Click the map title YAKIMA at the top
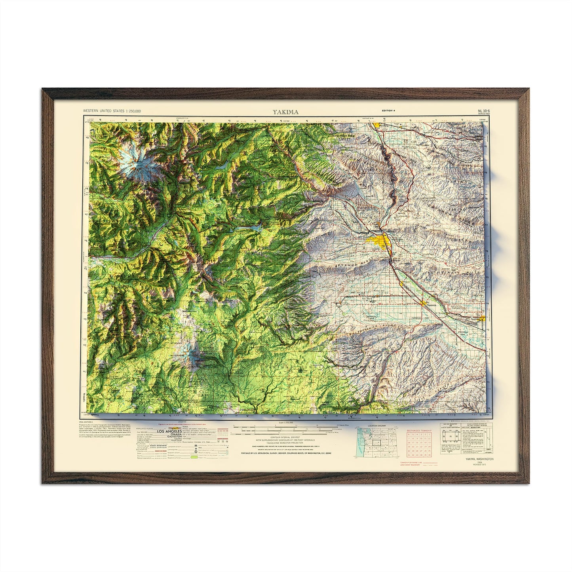[285, 112]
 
